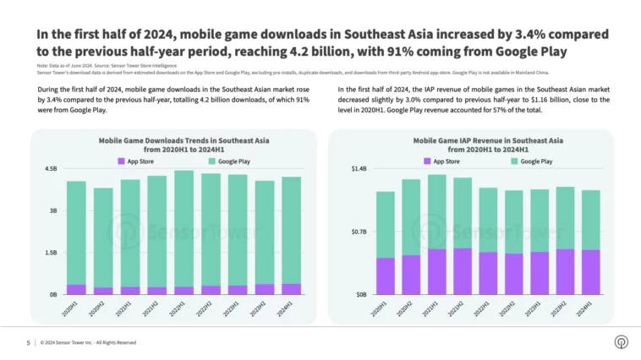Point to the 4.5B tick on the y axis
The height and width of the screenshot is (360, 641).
point(50,169)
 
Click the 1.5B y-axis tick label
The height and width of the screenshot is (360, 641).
point(50,253)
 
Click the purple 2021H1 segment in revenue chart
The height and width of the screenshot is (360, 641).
point(436,271)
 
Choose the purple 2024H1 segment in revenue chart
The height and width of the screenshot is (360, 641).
point(590,272)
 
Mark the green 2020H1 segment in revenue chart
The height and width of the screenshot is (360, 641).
point(386,224)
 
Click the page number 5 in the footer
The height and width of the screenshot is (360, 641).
point(28,342)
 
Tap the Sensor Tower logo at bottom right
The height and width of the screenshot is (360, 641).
point(621,341)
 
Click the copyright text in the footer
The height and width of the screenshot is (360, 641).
point(88,342)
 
